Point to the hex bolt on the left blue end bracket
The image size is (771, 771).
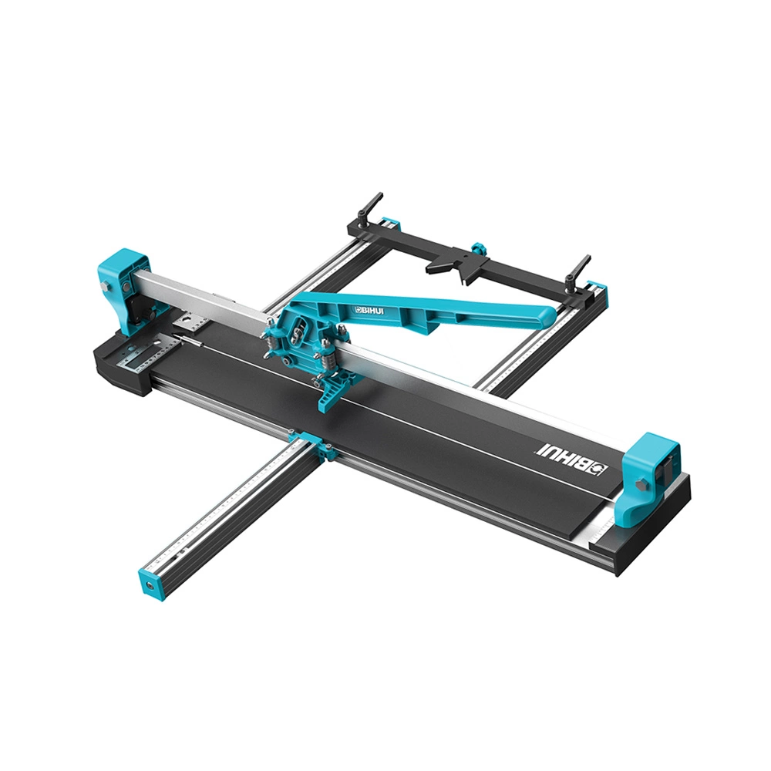click(105, 288)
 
